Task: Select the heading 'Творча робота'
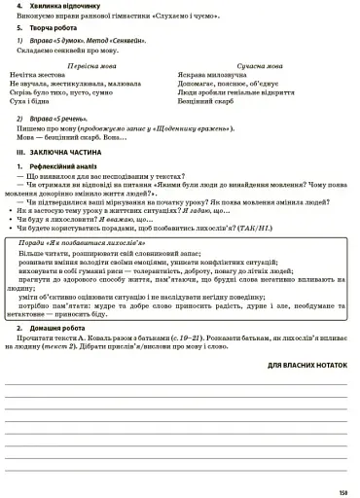pos(53,29)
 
